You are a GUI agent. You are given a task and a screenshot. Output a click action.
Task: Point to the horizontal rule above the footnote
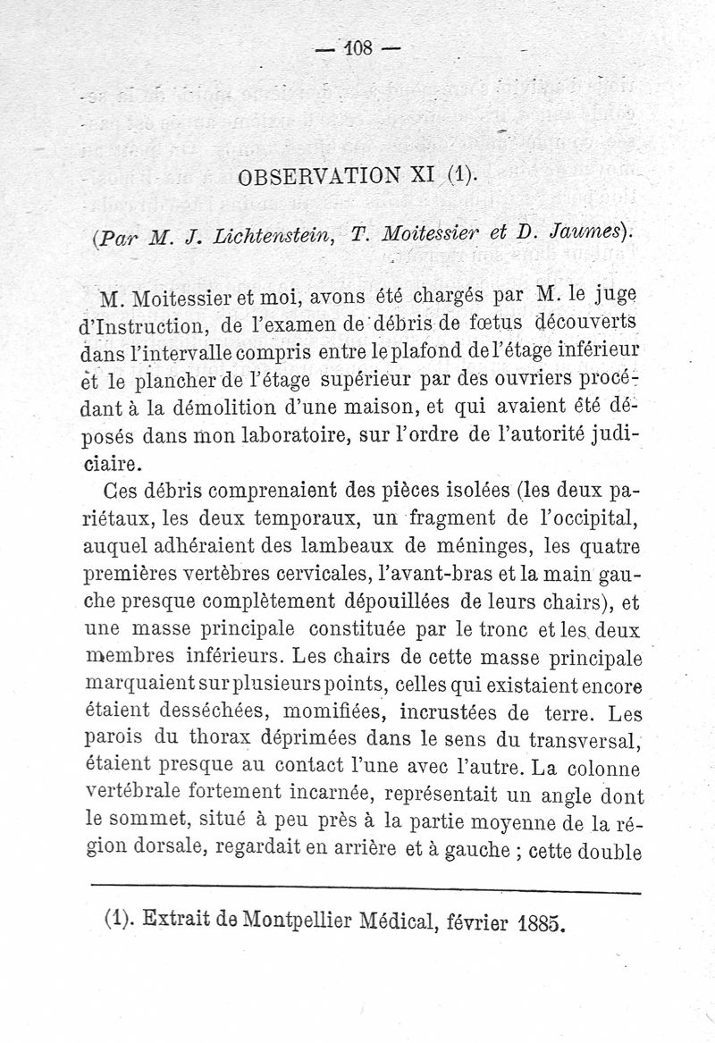point(366,888)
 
